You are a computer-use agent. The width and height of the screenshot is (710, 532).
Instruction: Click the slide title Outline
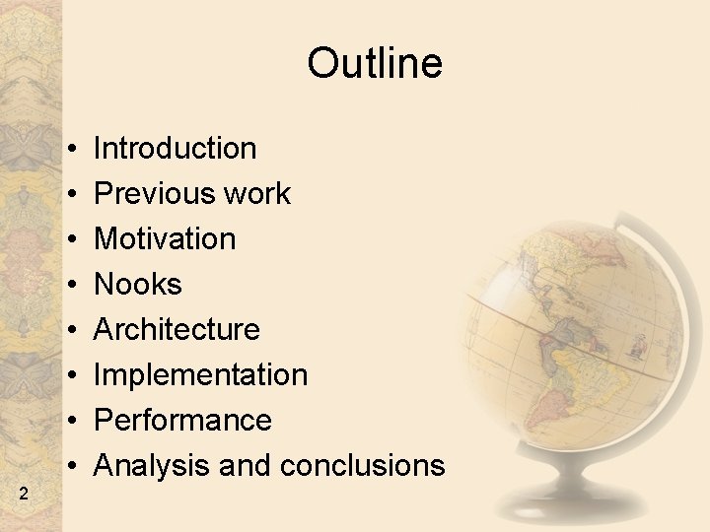(375, 64)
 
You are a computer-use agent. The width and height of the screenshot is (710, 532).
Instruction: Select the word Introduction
(175, 149)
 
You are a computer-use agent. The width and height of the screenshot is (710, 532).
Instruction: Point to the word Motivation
(165, 239)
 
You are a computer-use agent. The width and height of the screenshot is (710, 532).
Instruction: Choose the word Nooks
(138, 285)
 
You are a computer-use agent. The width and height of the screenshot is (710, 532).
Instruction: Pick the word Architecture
(177, 330)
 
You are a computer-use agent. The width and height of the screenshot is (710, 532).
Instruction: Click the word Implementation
(200, 375)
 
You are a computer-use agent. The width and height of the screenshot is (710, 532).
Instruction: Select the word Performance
(182, 421)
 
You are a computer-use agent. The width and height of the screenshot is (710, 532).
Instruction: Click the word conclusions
(362, 465)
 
